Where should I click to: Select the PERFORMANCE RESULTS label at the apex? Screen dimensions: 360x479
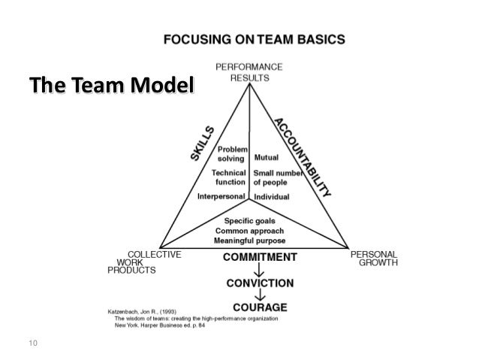click(x=249, y=72)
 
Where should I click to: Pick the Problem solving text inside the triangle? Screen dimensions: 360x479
click(x=231, y=154)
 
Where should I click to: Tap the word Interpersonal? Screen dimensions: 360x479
click(x=221, y=196)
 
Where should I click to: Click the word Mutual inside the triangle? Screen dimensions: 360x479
click(x=267, y=159)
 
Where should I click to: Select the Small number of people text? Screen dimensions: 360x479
click(x=279, y=177)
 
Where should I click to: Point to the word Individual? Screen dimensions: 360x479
click(x=272, y=196)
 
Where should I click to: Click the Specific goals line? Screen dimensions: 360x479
click(x=248, y=220)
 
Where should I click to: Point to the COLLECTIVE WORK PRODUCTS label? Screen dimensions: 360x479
click(x=142, y=262)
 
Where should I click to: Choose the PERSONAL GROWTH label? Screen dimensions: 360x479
click(x=374, y=259)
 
